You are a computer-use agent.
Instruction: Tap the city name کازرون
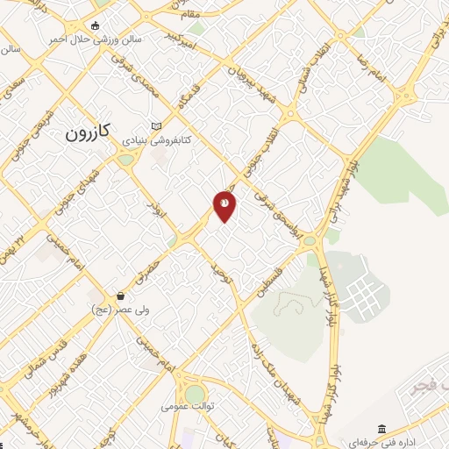88,132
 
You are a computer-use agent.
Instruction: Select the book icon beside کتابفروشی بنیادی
157,126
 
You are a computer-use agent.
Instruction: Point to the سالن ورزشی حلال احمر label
82,39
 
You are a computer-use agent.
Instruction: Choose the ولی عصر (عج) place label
118,309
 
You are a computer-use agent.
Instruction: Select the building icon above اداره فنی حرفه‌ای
381,427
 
